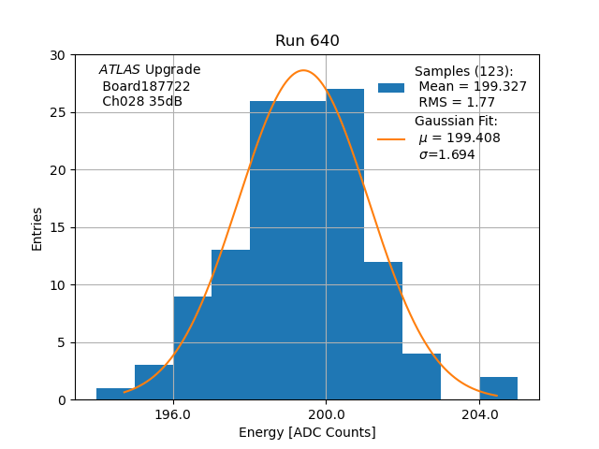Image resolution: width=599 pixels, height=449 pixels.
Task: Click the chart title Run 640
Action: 307,41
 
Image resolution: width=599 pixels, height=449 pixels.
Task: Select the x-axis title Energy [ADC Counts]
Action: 307,432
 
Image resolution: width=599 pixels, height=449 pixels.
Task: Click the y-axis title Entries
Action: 37,228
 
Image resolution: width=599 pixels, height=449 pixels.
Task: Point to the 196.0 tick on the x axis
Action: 173,413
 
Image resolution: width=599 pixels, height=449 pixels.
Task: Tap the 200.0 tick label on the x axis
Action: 326,413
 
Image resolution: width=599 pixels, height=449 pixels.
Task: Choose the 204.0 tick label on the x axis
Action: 479,413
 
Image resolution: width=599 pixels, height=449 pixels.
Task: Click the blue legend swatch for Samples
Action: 391,87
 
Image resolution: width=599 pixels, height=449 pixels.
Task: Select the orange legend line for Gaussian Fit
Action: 391,138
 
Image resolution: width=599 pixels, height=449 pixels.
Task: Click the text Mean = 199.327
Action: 473,87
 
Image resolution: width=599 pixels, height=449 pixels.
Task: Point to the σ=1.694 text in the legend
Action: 446,155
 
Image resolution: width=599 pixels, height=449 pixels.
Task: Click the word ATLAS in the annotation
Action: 120,70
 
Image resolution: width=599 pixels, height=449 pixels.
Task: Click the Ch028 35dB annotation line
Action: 142,102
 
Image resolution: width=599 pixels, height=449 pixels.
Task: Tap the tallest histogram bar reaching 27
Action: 344,243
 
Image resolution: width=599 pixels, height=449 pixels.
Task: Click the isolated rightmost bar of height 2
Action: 498,388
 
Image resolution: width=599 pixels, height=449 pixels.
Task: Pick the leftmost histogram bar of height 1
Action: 115,394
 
